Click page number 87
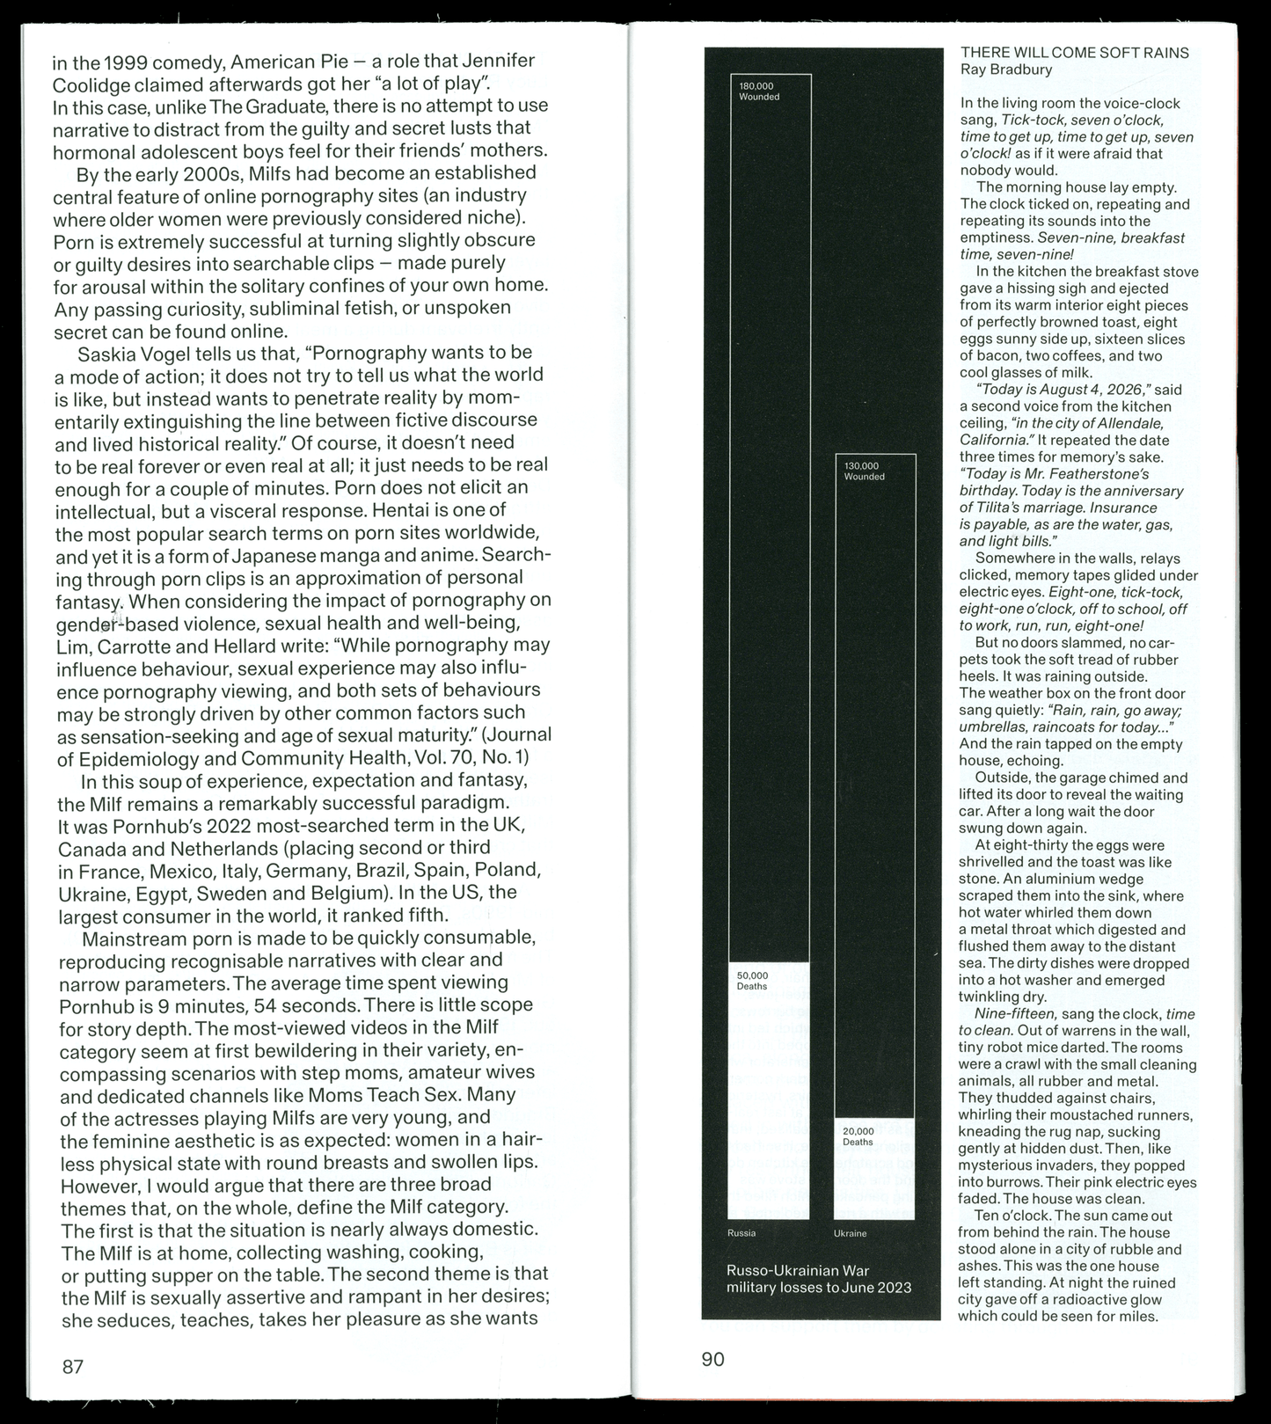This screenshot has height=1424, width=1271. (72, 1366)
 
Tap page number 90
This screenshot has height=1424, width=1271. (712, 1359)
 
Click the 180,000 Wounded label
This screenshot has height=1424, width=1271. (759, 91)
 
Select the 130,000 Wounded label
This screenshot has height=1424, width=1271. (864, 471)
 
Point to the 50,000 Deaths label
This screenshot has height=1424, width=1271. (752, 981)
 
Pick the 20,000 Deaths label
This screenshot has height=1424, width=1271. (858, 1136)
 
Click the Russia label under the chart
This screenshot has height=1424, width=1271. (741, 1233)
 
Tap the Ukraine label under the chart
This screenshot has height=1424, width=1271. (850, 1233)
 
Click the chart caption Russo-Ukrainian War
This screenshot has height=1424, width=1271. (797, 1271)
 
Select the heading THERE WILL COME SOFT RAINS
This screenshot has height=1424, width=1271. (1074, 53)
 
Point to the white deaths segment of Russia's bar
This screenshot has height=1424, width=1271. (769, 1091)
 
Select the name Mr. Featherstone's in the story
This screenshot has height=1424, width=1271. (1091, 474)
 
